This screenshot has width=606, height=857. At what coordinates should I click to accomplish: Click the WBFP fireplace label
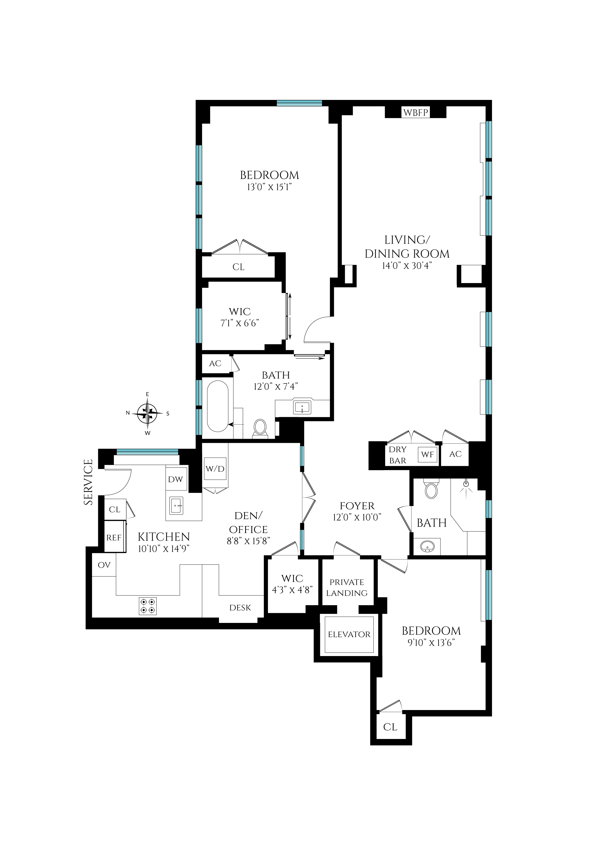pyautogui.click(x=416, y=112)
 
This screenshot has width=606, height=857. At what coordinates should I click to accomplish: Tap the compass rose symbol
pyautogui.click(x=148, y=414)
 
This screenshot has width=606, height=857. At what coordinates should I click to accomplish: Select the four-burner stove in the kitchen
pyautogui.click(x=148, y=606)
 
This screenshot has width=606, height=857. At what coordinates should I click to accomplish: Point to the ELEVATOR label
pyautogui.click(x=349, y=635)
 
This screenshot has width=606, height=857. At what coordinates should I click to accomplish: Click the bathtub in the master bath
pyautogui.click(x=218, y=406)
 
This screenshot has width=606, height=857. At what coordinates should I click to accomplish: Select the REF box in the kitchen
pyautogui.click(x=114, y=537)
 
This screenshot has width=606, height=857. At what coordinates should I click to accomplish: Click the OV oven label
pyautogui.click(x=104, y=565)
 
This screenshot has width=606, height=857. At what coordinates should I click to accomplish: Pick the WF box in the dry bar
pyautogui.click(x=427, y=455)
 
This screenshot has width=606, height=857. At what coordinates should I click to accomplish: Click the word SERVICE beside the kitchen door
pyautogui.click(x=88, y=482)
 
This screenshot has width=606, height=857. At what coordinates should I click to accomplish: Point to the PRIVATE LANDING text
pyautogui.click(x=347, y=588)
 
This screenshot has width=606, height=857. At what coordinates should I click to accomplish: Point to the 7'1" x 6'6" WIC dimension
pyautogui.click(x=240, y=323)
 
